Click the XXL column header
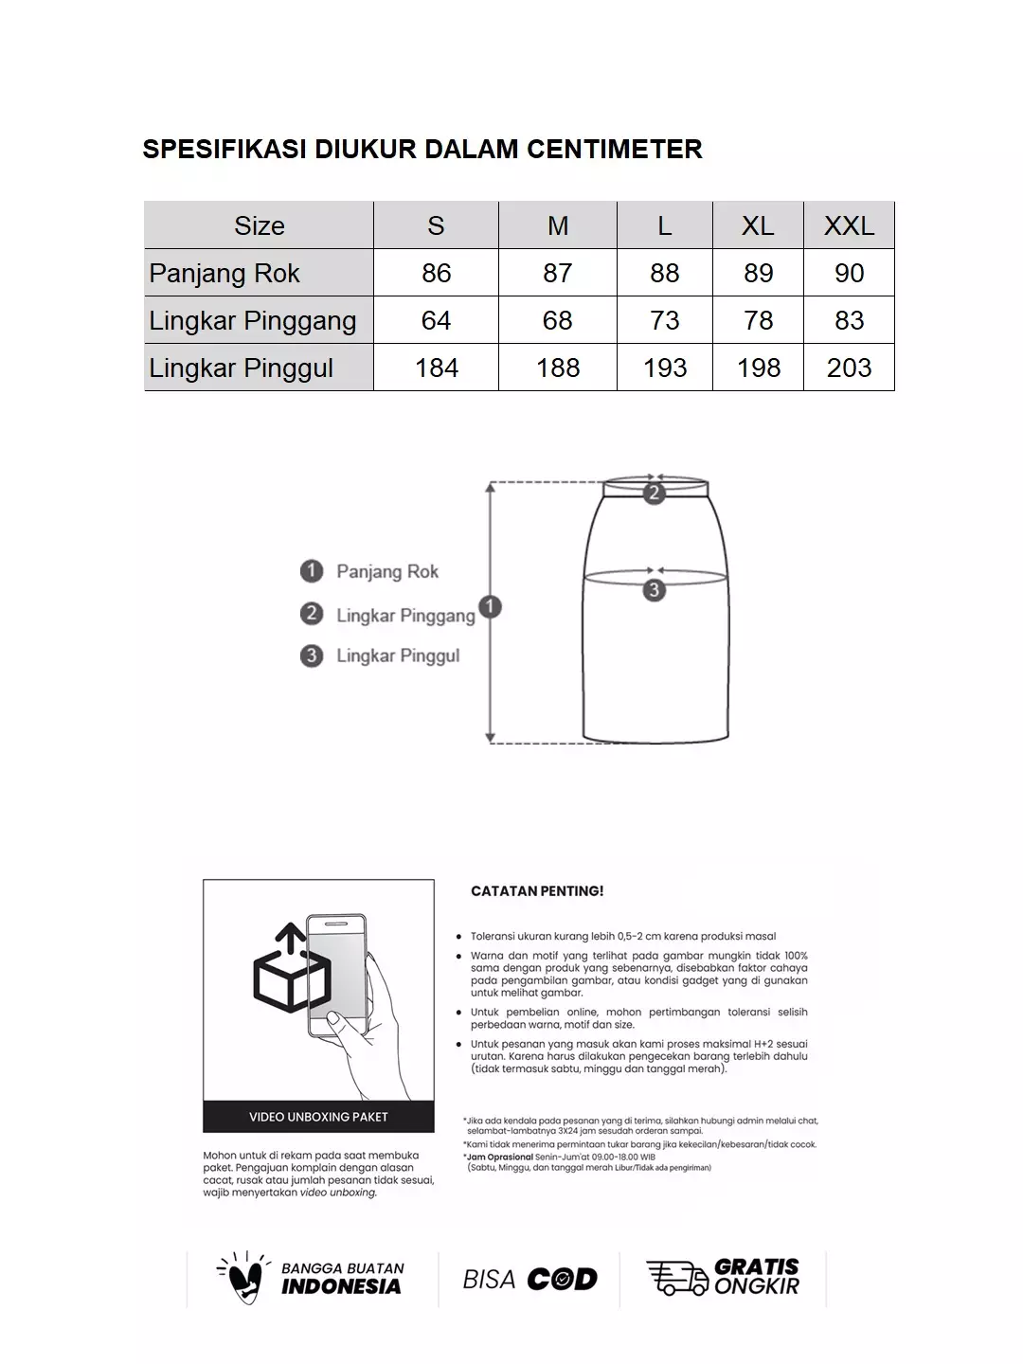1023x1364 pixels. [x=849, y=225]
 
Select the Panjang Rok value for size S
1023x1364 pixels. [x=436, y=273]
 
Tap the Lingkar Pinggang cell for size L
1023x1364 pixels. [x=664, y=320]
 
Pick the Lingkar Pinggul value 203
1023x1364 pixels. [x=849, y=368]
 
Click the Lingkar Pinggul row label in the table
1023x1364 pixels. [x=242, y=368]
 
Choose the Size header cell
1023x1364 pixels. [x=259, y=225]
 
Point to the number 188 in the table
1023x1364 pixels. [x=557, y=368]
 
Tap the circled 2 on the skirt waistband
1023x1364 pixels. [x=654, y=493]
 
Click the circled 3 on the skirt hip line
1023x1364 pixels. [x=654, y=590]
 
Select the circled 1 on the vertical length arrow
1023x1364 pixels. [x=490, y=606]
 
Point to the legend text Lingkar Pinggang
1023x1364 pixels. [x=405, y=616]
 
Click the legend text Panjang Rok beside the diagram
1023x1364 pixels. [x=387, y=571]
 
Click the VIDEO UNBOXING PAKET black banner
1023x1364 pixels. [x=318, y=1117]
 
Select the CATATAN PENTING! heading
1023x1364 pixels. [x=537, y=891]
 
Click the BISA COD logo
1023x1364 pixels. [x=529, y=1280]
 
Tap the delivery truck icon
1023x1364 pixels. [x=676, y=1278]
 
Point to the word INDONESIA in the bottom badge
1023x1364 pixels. [x=341, y=1286]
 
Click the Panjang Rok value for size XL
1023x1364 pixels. [x=758, y=273]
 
